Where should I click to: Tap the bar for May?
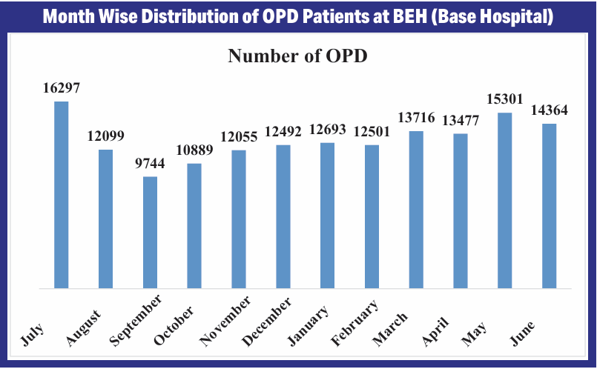coord(505,200)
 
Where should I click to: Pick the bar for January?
coord(327,215)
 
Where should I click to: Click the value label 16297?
coord(61,87)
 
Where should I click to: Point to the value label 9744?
coord(150,163)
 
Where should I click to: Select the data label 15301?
coord(505,99)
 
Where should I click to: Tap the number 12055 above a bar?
coord(239,137)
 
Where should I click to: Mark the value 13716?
coord(416,118)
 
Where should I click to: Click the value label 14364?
coord(550,110)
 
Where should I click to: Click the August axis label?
coord(84,326)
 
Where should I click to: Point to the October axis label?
coord(174,325)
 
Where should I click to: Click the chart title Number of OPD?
coord(297,56)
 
